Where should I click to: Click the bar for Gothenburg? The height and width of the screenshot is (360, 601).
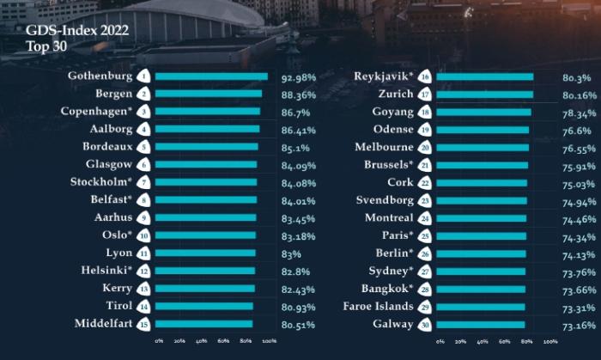[x=211, y=76]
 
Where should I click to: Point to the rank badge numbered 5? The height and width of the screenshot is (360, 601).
[x=145, y=147]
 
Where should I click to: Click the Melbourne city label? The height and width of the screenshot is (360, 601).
[x=384, y=147]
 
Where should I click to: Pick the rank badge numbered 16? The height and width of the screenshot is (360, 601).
[x=424, y=76]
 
